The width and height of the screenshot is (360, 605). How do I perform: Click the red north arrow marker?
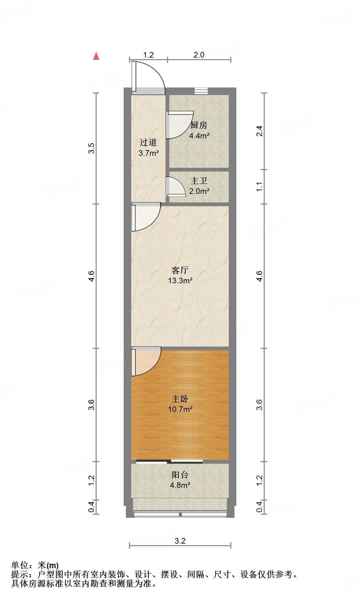[96, 56]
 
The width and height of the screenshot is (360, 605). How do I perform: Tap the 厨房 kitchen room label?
[199, 125]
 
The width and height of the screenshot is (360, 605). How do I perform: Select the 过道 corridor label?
[148, 143]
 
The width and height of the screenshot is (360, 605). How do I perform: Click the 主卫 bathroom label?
[199, 181]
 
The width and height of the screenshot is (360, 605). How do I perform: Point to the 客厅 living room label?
[180, 270]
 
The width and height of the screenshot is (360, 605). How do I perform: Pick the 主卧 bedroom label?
[180, 399]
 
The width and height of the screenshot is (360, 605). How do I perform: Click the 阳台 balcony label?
[180, 475]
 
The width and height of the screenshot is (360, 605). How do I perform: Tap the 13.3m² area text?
[180, 280]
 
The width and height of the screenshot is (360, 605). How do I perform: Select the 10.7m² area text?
[180, 409]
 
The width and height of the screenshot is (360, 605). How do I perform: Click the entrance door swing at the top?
[148, 77]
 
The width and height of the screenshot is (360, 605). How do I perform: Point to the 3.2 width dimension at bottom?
[180, 541]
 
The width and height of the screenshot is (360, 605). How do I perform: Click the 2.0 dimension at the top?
[199, 55]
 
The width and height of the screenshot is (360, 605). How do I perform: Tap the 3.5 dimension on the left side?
[91, 148]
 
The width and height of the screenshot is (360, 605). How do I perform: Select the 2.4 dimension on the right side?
[259, 131]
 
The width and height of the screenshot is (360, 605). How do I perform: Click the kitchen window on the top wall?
[201, 91]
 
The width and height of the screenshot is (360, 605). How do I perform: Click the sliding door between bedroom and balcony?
[169, 461]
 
